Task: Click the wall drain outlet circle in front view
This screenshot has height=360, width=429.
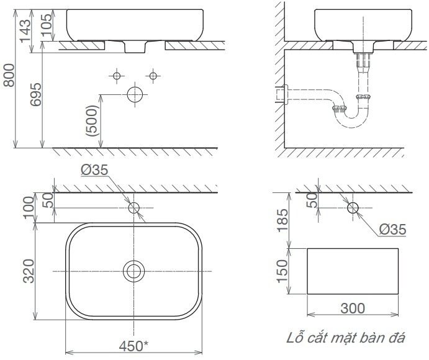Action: click(135, 94)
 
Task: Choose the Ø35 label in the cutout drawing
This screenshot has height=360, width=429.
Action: click(392, 230)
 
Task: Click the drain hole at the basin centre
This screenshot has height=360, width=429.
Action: click(133, 271)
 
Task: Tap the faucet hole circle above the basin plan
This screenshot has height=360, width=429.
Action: click(133, 207)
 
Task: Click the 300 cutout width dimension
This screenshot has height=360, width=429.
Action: click(353, 308)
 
